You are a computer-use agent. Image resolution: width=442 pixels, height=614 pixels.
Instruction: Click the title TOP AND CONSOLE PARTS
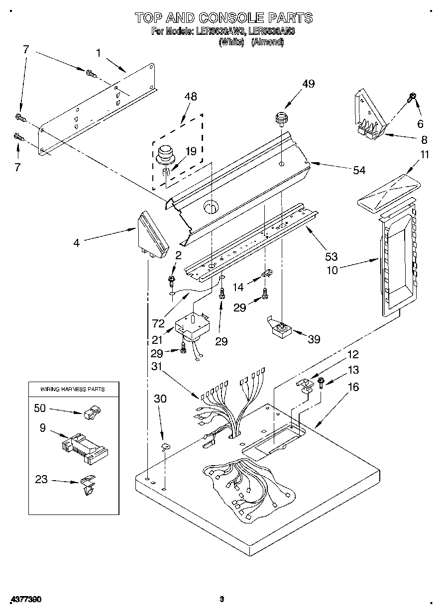point(223,18)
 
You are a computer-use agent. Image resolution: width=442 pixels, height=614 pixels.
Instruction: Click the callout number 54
point(359,170)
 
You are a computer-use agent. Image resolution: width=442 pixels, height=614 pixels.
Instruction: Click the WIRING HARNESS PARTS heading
point(73,389)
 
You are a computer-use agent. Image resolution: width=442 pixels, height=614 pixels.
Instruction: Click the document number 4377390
point(25,600)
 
